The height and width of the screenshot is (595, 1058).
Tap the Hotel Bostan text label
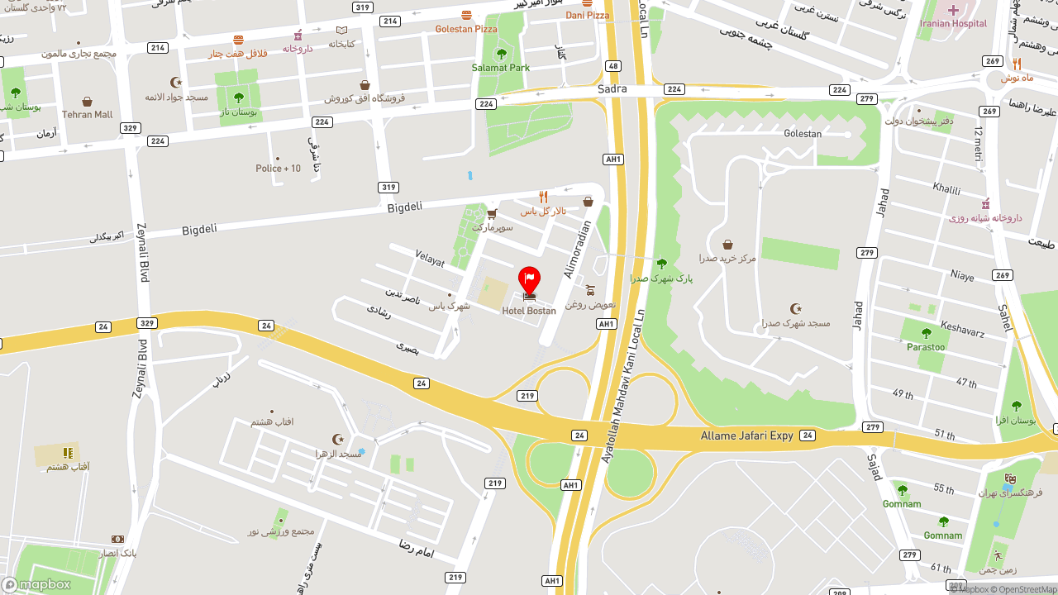(x=529, y=311)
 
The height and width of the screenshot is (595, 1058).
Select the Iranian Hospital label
(x=953, y=23)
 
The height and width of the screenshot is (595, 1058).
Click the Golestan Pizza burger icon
(x=467, y=16)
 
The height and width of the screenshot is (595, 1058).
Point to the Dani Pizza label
(x=588, y=15)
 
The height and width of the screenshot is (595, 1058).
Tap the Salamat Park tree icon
(x=501, y=55)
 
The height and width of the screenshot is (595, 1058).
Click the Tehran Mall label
(x=88, y=115)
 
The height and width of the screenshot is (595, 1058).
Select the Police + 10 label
(x=278, y=169)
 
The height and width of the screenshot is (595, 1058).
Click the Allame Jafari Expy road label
(x=747, y=436)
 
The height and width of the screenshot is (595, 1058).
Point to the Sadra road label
(x=612, y=88)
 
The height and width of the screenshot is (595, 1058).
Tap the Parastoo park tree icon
(x=926, y=334)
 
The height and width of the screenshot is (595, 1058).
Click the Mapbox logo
(x=36, y=584)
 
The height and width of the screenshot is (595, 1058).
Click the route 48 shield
(x=612, y=65)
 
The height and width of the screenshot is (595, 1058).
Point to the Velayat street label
(x=430, y=259)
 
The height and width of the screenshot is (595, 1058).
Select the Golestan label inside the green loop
(x=803, y=134)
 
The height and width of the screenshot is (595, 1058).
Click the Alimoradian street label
(x=578, y=249)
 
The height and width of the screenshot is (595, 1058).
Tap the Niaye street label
(x=962, y=275)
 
